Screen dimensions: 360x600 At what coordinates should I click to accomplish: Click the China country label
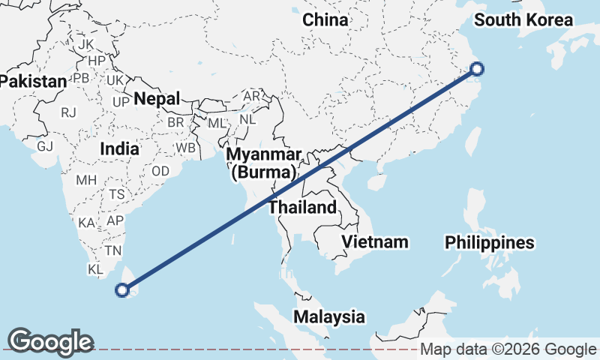(x=325, y=20)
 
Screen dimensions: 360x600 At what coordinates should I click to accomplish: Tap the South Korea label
(x=523, y=20)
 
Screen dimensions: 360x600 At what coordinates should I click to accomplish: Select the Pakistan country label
(x=33, y=80)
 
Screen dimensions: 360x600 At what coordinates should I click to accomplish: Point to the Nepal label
(x=157, y=99)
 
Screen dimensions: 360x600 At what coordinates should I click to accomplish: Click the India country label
(x=119, y=148)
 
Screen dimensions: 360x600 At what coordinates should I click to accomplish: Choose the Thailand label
(x=303, y=207)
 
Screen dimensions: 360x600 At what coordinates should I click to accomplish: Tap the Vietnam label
(x=375, y=241)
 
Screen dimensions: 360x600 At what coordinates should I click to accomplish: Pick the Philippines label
(x=489, y=242)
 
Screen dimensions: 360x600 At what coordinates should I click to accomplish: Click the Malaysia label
(x=329, y=316)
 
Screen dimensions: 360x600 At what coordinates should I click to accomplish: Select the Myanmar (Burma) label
(x=264, y=163)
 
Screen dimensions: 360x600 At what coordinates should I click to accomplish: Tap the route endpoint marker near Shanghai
(x=477, y=70)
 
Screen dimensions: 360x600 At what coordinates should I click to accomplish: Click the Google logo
(x=50, y=342)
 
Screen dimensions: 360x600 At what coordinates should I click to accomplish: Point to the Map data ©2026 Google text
(x=508, y=349)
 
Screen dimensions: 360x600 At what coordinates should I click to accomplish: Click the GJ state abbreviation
(x=45, y=146)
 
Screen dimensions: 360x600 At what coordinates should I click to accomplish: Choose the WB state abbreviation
(x=185, y=148)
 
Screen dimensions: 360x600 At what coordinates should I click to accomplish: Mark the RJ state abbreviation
(x=69, y=113)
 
